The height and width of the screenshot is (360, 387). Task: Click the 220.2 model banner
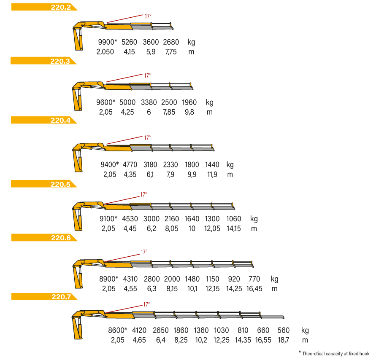44,7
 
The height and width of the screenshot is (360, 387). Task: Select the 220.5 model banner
44,184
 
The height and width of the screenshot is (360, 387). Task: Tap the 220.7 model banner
44,296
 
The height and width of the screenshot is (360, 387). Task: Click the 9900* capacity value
107,42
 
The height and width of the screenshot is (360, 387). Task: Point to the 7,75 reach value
171,52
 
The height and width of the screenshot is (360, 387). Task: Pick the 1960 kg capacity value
189,102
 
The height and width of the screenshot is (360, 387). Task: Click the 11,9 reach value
212,175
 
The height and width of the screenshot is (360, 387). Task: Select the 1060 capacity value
233,219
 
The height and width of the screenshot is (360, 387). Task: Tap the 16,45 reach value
254,289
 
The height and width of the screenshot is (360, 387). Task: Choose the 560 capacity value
283,330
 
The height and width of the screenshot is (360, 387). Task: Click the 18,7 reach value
283,340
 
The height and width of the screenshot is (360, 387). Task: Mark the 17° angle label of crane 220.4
147,137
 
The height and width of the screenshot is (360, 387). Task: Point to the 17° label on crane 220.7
146,304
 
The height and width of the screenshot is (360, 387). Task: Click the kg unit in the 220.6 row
274,279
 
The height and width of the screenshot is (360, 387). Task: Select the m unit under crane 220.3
210,112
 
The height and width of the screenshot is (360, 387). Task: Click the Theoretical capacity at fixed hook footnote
336,354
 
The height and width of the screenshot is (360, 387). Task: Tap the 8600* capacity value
117,330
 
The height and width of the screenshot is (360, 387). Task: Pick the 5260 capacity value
129,42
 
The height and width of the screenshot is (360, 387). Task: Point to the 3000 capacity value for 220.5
151,219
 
